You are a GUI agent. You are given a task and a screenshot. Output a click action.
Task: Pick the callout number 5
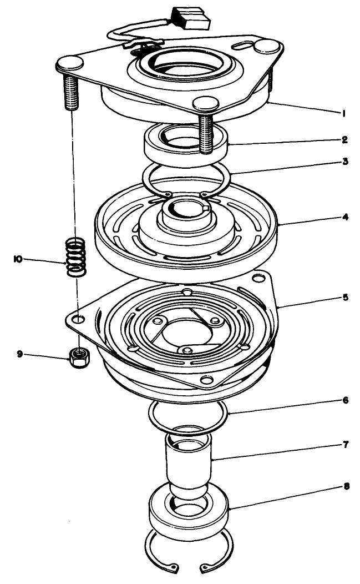344,298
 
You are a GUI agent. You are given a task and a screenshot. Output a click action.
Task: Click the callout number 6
344,400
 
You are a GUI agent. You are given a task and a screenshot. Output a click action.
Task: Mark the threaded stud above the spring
72,92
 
